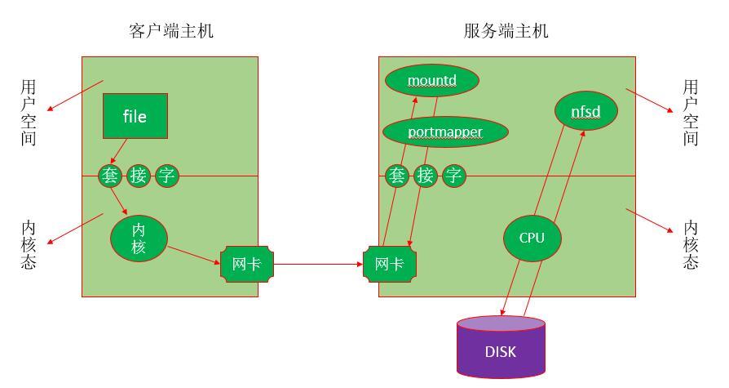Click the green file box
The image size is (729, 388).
pos(135,116)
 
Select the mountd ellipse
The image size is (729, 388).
pos(431,80)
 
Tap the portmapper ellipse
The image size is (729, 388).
pos(445,132)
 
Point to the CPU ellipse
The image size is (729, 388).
pos(531,238)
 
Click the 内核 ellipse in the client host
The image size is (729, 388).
pos(139,238)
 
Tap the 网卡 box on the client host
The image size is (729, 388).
pos(247,264)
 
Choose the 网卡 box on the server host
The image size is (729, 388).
pos(389,264)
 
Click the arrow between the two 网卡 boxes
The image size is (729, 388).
pos(318,264)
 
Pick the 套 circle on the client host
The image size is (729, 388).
pos(110,175)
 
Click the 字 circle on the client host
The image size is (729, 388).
pos(167,175)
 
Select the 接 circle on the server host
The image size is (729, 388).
pos(426,175)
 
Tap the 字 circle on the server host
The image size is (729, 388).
pos(454,175)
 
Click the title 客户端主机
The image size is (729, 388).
pos(171,31)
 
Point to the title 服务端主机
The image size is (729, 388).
pos(506,31)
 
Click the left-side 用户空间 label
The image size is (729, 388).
pos(29,112)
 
